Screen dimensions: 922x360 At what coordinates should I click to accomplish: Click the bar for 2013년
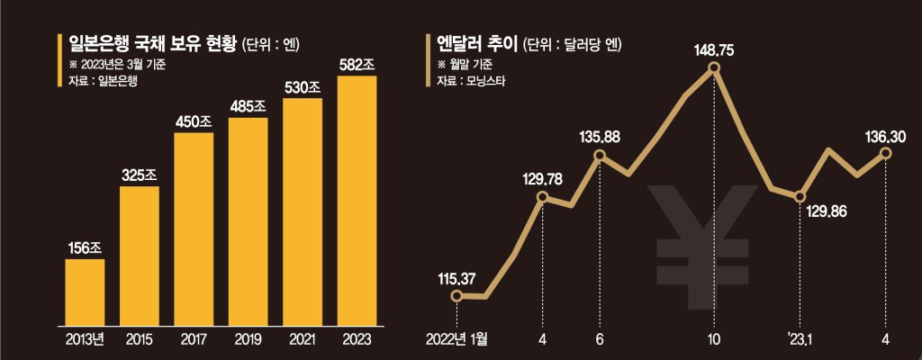[x=85, y=292]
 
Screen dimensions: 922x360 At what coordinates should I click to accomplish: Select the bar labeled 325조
[x=140, y=256]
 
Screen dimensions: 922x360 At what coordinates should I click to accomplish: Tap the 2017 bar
[x=194, y=229]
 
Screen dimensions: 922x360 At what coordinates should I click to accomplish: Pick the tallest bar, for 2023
[x=357, y=201]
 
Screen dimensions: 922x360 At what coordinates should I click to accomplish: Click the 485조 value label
[x=249, y=108]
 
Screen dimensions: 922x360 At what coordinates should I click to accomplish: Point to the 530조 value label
[x=303, y=87]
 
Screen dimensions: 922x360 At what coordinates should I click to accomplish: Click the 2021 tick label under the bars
[x=303, y=340]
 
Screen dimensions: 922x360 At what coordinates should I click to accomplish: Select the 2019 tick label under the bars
[x=249, y=340]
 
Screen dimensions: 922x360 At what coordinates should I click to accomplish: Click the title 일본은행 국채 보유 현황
[x=153, y=44]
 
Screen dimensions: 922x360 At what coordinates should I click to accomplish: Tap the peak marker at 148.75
[x=714, y=68]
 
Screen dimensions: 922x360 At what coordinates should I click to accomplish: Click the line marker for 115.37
[x=456, y=296]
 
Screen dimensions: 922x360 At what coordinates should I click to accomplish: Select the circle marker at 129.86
[x=800, y=196]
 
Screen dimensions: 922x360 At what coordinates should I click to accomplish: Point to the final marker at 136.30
[x=886, y=153]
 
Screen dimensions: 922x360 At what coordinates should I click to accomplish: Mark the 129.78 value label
[x=542, y=176]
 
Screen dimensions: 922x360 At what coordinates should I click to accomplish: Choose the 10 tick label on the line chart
[x=714, y=340]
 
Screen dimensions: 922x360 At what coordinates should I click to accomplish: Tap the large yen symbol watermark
[x=702, y=247]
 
